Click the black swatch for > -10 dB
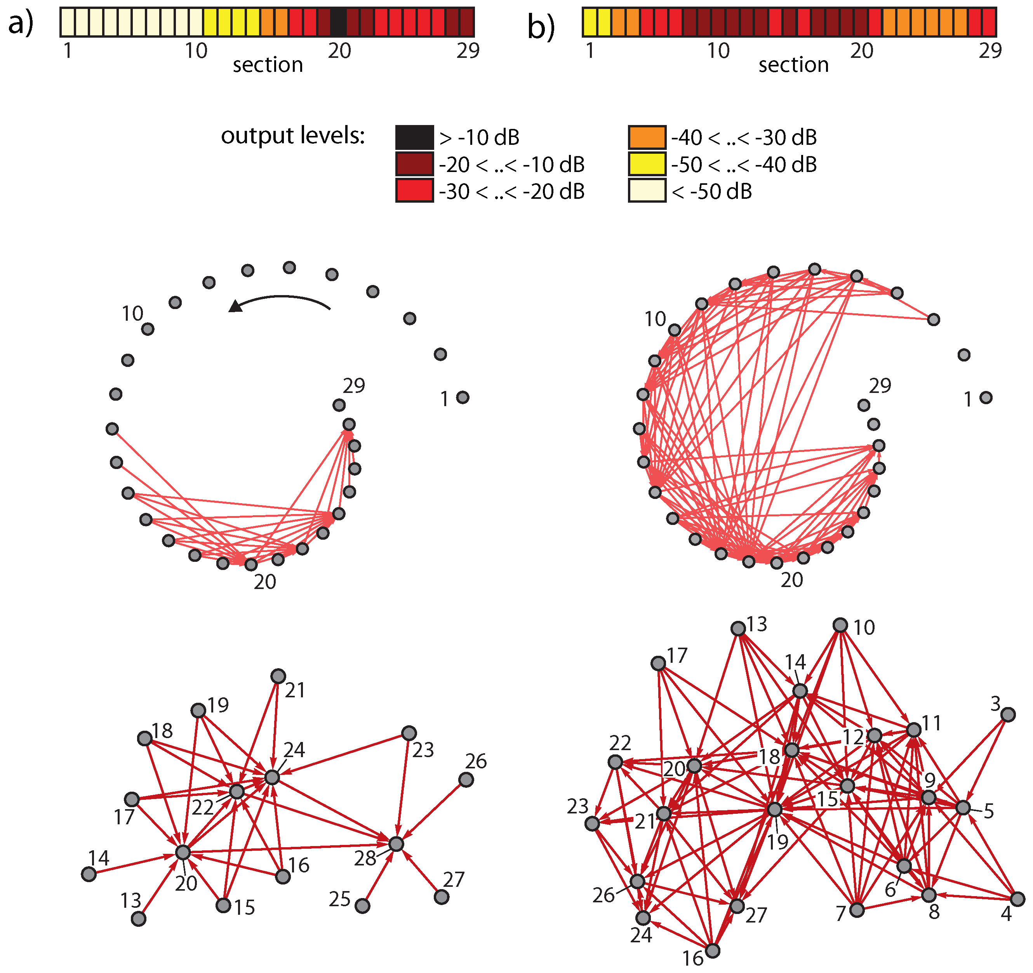coord(414,137)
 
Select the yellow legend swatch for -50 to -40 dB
coord(647,164)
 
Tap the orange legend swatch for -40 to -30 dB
coord(647,137)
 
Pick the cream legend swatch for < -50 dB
coord(647,191)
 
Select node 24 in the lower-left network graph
coord(272,778)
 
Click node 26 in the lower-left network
coord(466,780)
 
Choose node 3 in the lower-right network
coord(1008,715)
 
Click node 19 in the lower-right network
coord(774,810)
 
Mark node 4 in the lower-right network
coord(1017,899)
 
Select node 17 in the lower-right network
coord(658,664)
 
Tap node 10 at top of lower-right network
coord(840,625)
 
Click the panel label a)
coord(21,23)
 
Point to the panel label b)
coord(541,27)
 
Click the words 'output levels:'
coord(292,136)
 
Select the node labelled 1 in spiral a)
coord(463,398)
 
